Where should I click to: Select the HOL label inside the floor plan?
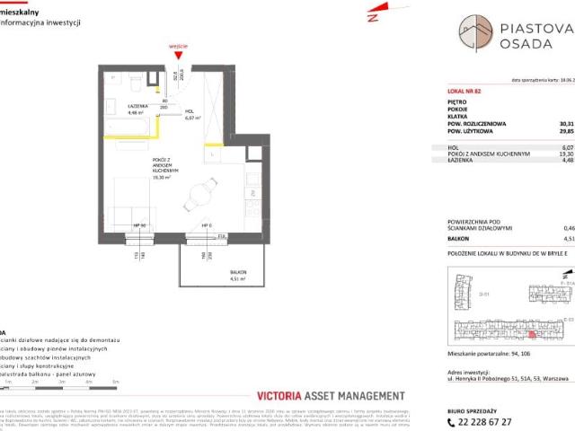(190, 112)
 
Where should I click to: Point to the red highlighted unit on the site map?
(507, 334)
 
